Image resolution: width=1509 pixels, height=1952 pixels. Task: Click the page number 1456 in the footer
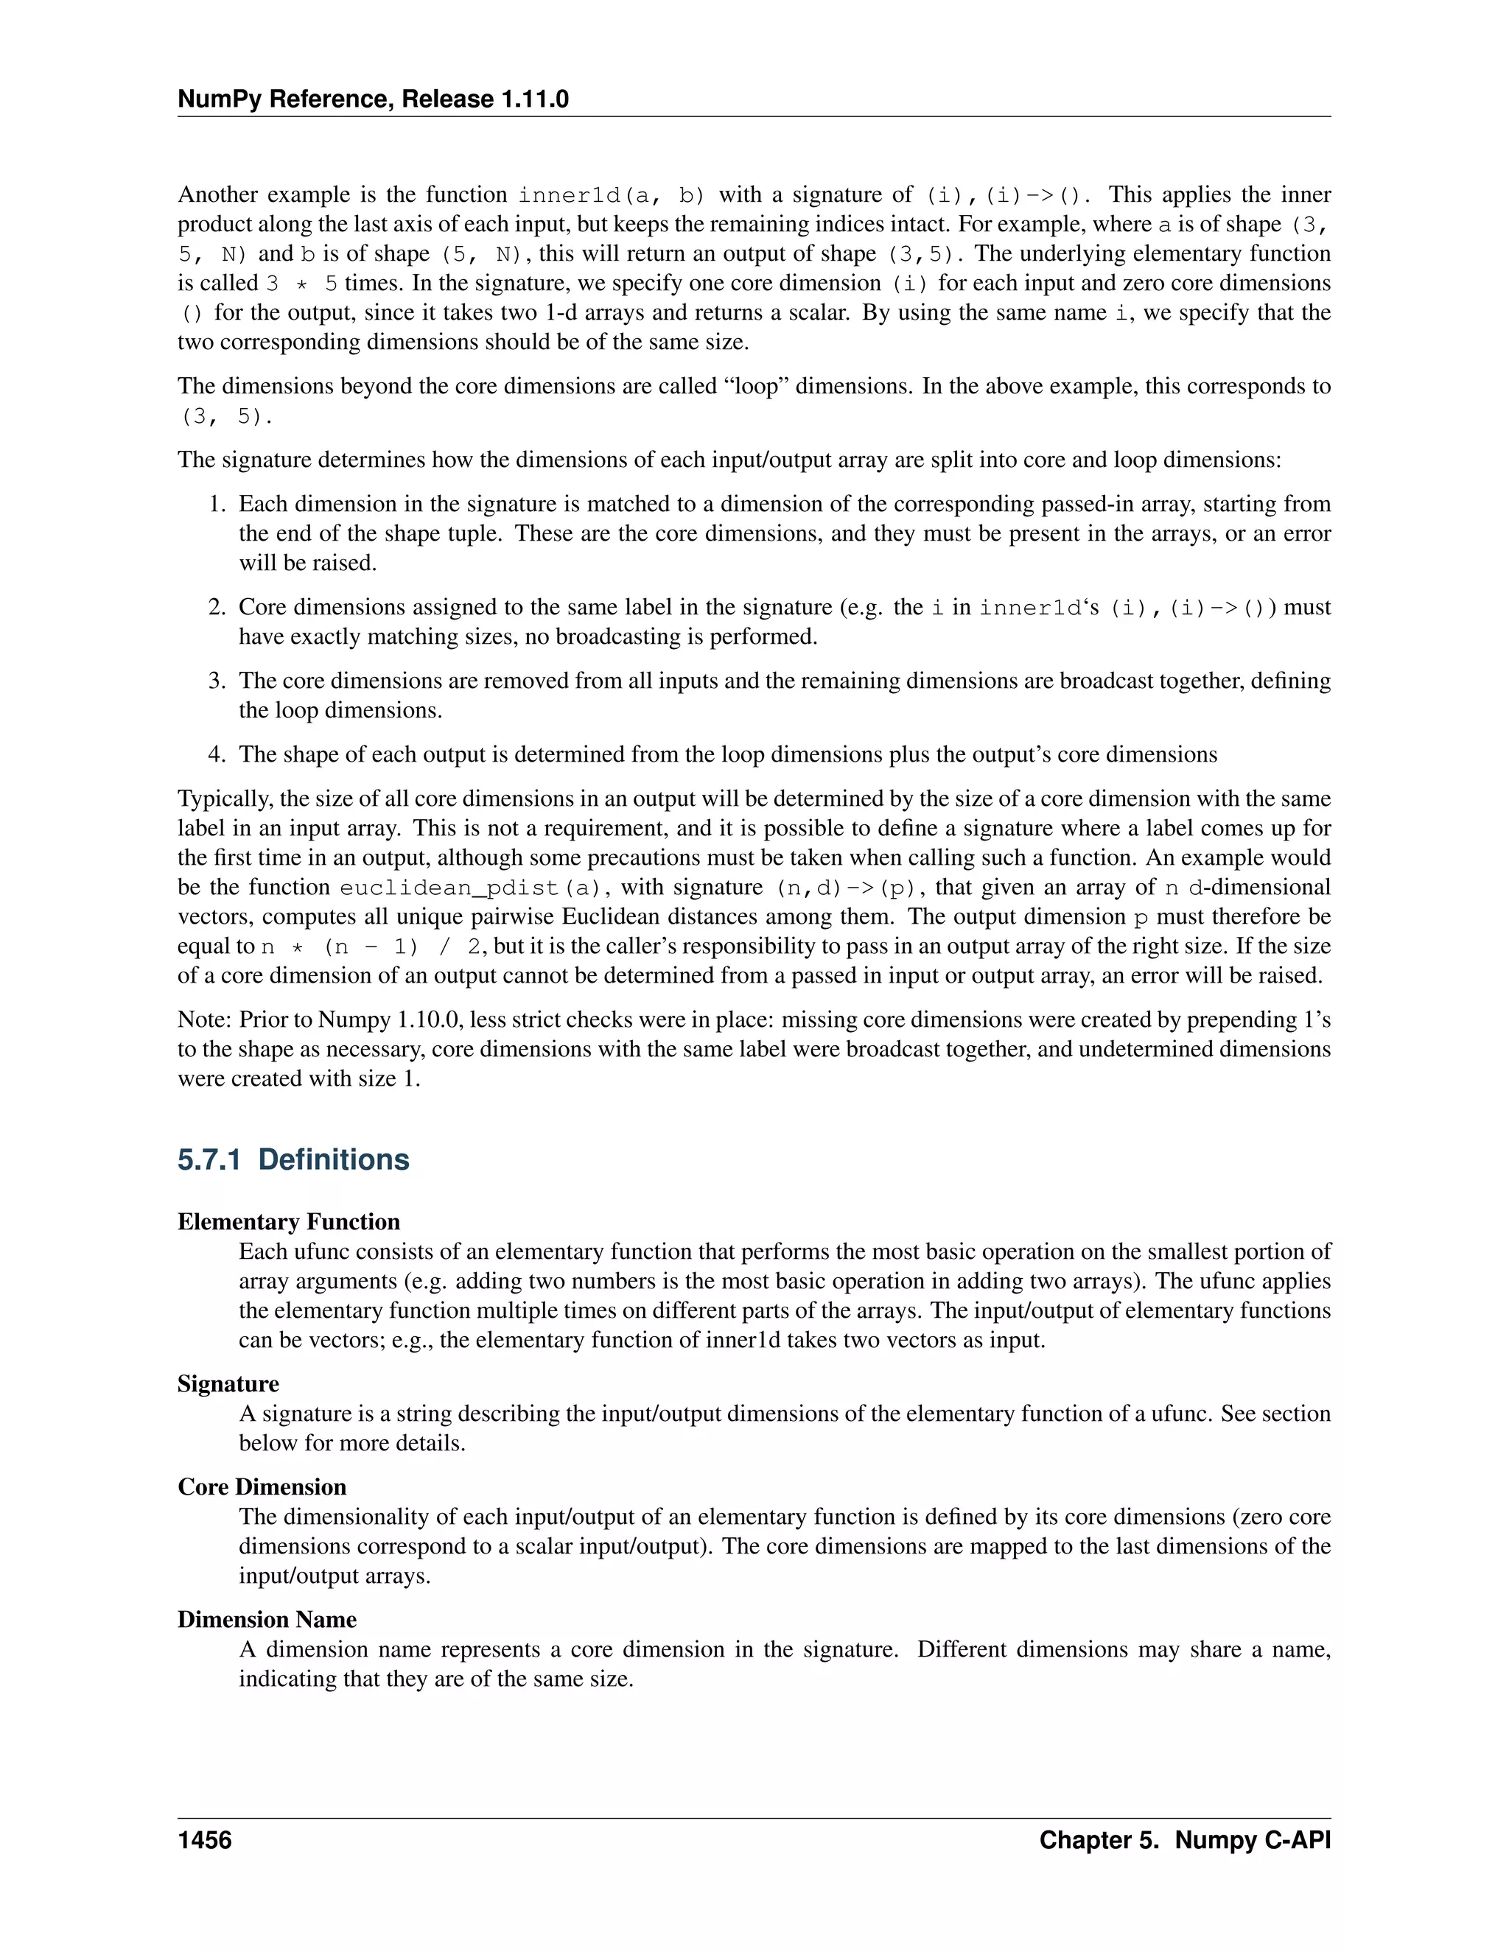[205, 1840]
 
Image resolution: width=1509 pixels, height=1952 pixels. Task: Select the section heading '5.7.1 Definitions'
[293, 1159]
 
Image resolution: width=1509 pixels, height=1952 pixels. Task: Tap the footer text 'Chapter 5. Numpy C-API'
[1185, 1840]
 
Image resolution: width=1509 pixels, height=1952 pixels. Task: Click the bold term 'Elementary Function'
[289, 1222]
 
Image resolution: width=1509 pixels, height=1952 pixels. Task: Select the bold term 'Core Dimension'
[262, 1486]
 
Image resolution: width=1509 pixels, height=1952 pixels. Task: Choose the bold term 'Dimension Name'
[267, 1620]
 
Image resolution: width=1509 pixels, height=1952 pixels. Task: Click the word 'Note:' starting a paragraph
[205, 1019]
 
